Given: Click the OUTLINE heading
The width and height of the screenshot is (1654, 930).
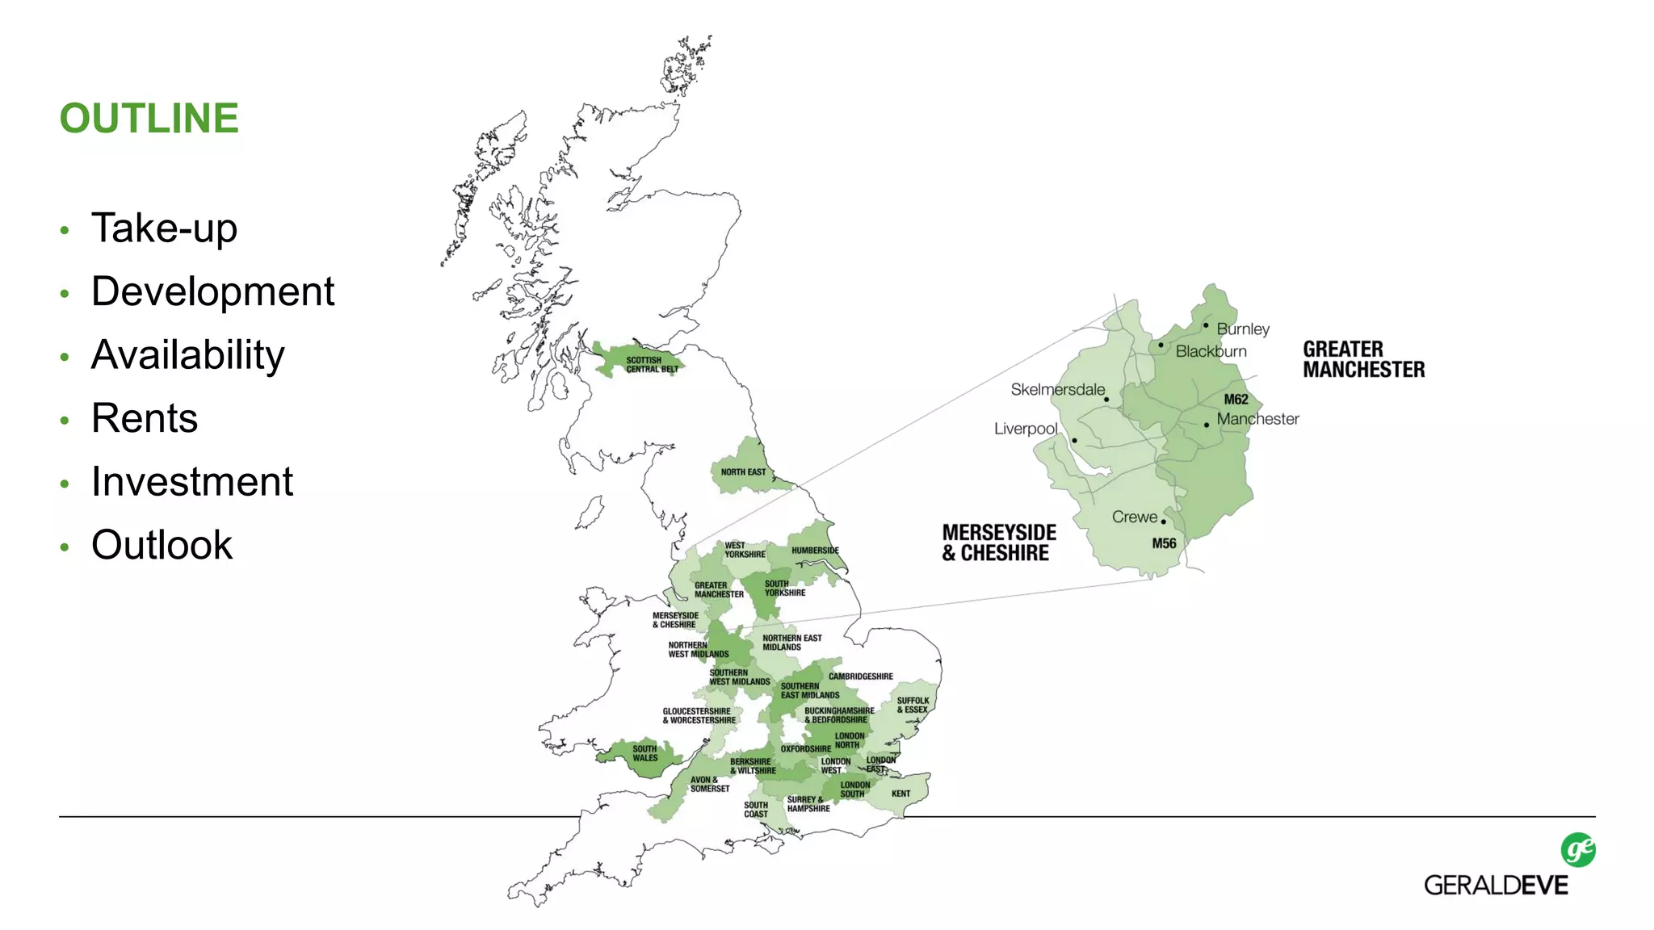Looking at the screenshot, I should coord(149,119).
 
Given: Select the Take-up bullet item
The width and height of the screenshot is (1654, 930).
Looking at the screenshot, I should coord(164,228).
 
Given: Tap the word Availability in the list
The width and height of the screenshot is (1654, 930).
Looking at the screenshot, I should coord(187,355).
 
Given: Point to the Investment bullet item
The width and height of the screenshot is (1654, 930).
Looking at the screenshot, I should coord(192,482).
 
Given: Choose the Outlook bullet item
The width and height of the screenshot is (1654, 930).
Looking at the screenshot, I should coord(162,545).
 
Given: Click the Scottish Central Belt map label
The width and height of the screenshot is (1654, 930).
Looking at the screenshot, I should coord(652,365).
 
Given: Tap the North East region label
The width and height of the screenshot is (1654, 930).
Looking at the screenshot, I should coord(743,472).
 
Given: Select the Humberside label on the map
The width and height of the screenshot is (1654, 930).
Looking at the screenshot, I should coord(815,551).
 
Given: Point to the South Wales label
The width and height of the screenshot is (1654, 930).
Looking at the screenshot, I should coord(644,753).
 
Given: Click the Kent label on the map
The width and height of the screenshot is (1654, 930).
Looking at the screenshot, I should coord(900,794).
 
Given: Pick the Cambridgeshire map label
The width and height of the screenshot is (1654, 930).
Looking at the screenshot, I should coord(860,677).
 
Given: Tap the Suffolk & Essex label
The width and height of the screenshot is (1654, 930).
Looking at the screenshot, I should coord(913,706).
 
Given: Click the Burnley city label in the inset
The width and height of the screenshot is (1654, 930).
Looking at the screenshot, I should coord(1243,329).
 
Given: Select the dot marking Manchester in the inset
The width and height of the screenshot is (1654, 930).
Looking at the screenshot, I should coord(1207,425).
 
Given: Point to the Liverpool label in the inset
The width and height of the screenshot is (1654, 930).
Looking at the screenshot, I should coord(1025,429).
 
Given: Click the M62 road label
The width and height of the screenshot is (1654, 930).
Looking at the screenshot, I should coord(1236,400).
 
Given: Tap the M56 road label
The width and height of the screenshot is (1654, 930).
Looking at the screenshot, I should coord(1164,543).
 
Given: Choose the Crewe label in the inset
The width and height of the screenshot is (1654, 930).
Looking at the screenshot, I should coord(1134,517).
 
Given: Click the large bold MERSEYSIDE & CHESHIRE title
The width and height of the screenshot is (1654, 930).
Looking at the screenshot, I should coord(999,542).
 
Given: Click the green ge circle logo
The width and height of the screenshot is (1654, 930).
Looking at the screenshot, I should coord(1578,850).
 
